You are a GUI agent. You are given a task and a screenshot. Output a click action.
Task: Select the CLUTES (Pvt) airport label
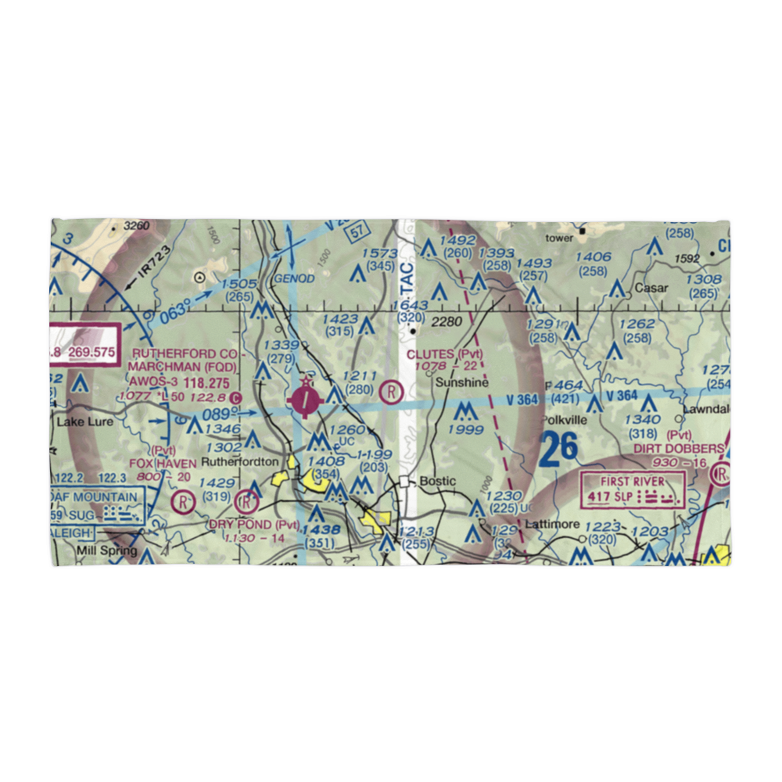pyautogui.click(x=444, y=354)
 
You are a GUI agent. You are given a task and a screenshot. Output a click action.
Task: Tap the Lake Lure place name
pyautogui.click(x=85, y=421)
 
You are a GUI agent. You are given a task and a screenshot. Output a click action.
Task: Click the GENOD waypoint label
pyautogui.click(x=293, y=278)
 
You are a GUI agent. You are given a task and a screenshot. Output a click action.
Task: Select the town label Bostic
pyautogui.click(x=436, y=481)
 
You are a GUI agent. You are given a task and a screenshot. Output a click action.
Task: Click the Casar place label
pyautogui.click(x=651, y=288)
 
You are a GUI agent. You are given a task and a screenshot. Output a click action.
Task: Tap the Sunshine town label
pyautogui.click(x=461, y=383)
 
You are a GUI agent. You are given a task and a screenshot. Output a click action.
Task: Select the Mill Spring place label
pyautogui.click(x=107, y=551)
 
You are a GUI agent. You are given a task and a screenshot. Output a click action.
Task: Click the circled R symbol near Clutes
pyautogui.click(x=391, y=391)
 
